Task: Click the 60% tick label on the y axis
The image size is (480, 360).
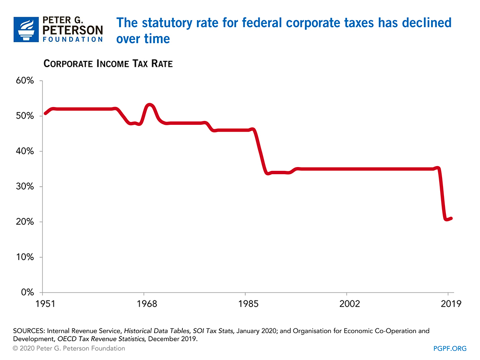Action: point(24,81)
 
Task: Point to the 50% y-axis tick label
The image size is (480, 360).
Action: point(24,116)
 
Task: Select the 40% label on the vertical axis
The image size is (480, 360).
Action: point(24,151)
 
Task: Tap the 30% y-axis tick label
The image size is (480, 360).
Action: point(24,187)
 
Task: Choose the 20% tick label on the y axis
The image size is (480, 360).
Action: point(24,222)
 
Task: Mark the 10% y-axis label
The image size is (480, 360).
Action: point(24,257)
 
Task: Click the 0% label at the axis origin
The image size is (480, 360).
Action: point(26,292)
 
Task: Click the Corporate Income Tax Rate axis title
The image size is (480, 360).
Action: point(108,64)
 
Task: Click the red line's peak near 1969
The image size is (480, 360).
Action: point(150,105)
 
